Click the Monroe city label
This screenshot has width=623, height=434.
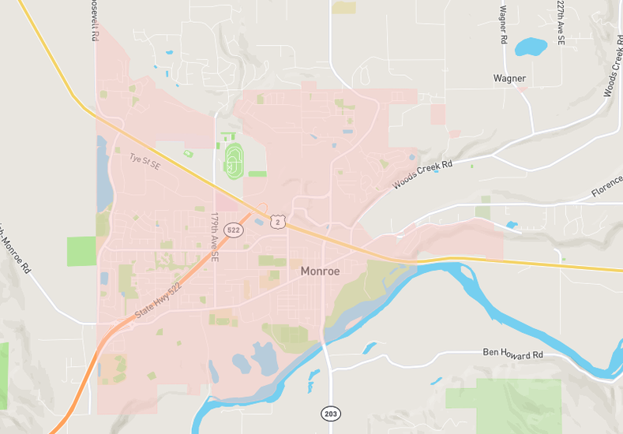[320, 271]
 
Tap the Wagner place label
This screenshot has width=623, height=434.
[509, 78]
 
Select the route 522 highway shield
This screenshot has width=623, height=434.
[233, 230]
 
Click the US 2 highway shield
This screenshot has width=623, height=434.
[276, 222]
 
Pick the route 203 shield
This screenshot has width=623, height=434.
[331, 413]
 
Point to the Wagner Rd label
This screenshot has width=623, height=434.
[503, 24]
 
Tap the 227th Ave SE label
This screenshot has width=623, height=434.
[561, 21]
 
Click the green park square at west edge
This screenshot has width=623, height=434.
[81, 251]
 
